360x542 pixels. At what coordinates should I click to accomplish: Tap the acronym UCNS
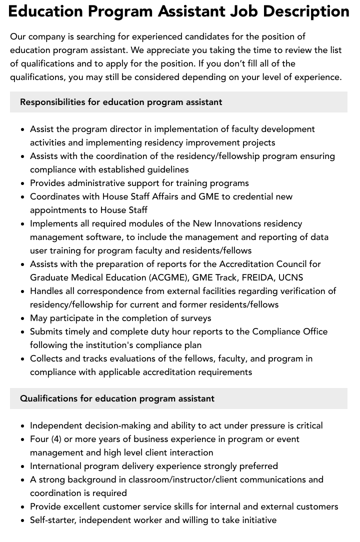[x=292, y=277]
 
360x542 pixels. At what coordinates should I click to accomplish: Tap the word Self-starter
[x=52, y=520]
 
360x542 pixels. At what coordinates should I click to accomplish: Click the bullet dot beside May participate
[x=22, y=318]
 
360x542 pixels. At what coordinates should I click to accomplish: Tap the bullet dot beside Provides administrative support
[x=22, y=183]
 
